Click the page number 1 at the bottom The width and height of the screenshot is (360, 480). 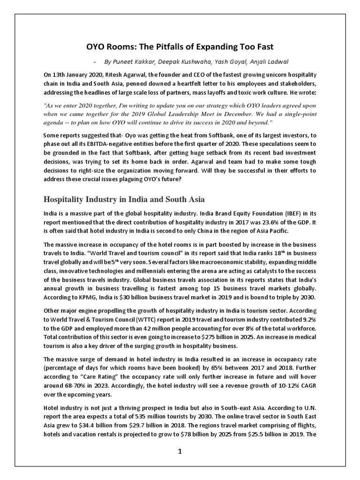pyautogui.click(x=180, y=451)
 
